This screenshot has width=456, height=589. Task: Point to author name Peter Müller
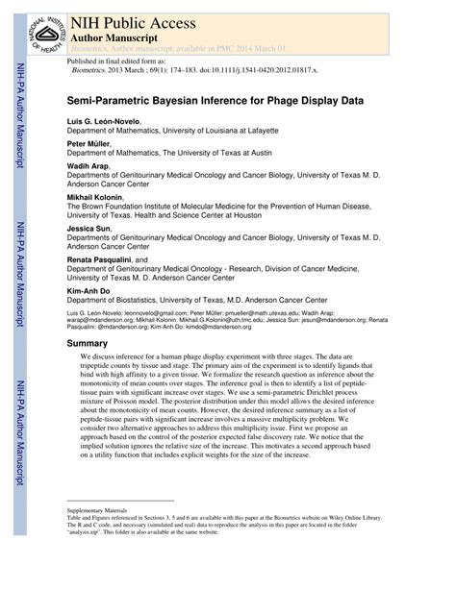coord(89,143)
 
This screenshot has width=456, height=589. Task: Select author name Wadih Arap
coord(89,166)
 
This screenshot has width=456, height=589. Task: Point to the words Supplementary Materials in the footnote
coord(96,509)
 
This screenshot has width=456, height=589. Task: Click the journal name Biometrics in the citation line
coord(94,69)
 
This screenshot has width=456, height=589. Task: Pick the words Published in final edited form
coord(112,60)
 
